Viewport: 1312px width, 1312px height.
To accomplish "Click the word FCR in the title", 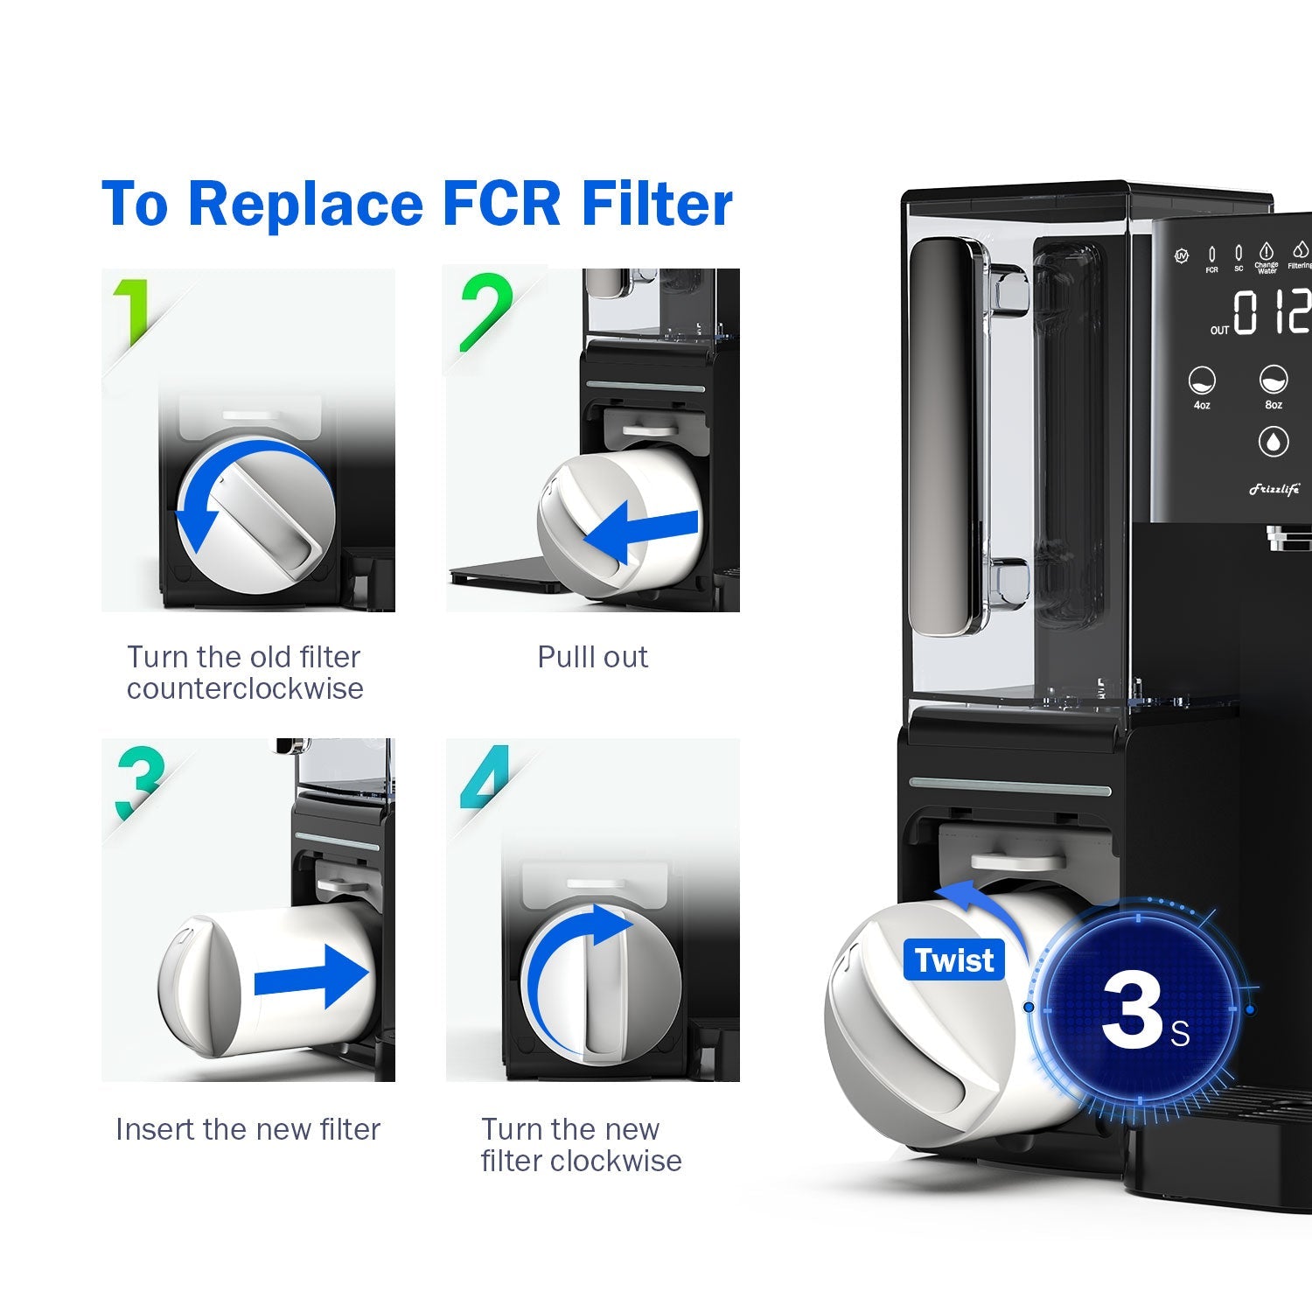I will [500, 204].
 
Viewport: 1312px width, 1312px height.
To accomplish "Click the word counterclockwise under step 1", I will [245, 689].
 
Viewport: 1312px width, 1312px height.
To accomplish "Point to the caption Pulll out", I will [592, 657].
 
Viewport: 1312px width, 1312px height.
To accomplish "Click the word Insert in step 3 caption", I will [154, 1129].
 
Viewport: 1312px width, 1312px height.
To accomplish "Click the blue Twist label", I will [953, 960].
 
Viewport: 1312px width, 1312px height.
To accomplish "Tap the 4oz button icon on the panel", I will [1202, 381].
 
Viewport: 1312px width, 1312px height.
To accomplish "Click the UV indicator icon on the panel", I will [1182, 256].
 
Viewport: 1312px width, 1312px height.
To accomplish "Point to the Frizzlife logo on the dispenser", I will [1274, 489].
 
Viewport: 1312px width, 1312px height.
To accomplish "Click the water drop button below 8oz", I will [1273, 442].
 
